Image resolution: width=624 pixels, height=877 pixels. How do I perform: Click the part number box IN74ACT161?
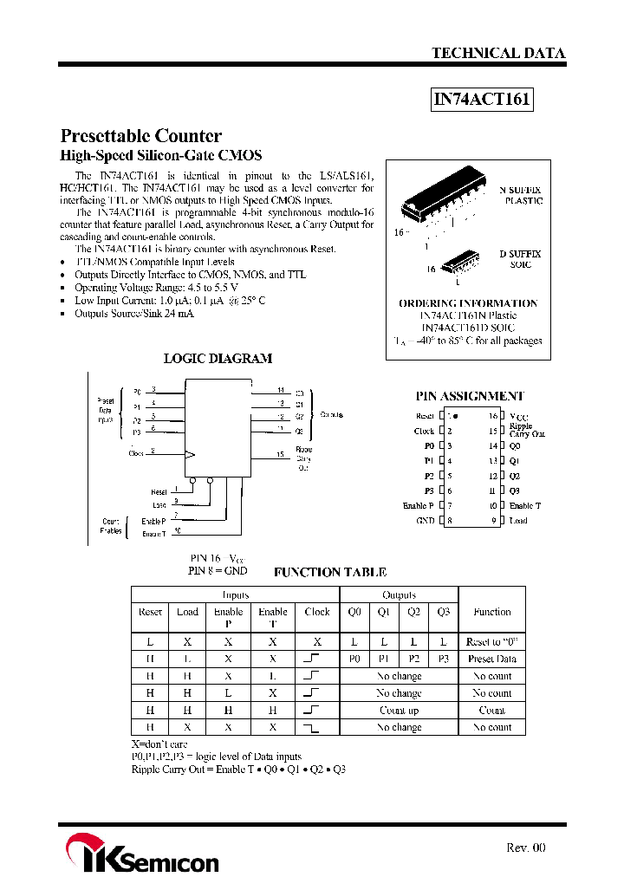point(482,100)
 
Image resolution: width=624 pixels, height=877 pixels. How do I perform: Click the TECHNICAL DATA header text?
point(498,53)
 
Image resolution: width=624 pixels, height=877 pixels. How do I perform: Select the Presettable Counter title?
point(140,136)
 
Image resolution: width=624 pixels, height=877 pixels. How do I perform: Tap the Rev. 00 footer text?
point(525,848)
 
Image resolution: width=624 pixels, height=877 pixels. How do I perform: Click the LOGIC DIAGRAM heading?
point(218,358)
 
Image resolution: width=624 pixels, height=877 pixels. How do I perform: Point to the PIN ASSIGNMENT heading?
point(469,396)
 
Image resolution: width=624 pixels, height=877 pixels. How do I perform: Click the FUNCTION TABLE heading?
point(329,572)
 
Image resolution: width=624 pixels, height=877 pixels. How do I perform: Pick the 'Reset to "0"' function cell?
point(491,642)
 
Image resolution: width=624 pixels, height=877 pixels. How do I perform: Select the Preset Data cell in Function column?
point(491,659)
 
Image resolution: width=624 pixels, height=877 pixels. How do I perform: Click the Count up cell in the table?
point(399,711)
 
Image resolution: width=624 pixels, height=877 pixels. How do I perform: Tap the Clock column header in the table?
point(317,612)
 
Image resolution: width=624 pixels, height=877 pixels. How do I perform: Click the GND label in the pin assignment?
point(425,521)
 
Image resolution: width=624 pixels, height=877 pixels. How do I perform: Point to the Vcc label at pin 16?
point(518,417)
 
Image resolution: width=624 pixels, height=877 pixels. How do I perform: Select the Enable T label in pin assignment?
point(524,506)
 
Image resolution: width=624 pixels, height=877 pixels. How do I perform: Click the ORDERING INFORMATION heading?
point(468,303)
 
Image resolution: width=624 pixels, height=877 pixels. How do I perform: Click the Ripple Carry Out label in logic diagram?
point(304,458)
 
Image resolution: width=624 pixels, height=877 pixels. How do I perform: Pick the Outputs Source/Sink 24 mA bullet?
point(134,313)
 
